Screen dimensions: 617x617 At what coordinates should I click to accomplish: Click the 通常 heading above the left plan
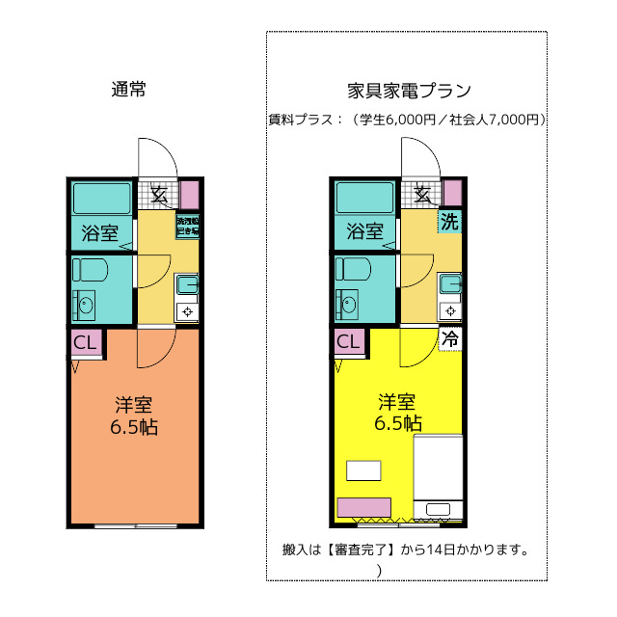[x=128, y=91]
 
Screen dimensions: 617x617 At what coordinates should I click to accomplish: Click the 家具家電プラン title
[x=408, y=92]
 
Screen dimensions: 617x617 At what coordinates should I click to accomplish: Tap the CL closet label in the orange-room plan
[x=85, y=342]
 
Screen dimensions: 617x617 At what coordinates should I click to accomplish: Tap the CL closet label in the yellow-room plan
[x=348, y=341]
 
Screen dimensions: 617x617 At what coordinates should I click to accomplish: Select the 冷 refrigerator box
[x=451, y=338]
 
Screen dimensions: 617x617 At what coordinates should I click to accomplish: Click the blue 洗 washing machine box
[x=450, y=221]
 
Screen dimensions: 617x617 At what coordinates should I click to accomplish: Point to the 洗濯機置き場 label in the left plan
[x=187, y=227]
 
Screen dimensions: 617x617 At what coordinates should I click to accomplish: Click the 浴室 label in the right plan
[x=363, y=231]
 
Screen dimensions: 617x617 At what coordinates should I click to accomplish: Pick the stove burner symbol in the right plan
[x=450, y=310]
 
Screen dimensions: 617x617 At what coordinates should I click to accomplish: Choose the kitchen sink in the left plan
[x=187, y=283]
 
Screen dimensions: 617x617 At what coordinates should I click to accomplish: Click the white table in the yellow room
[x=364, y=470]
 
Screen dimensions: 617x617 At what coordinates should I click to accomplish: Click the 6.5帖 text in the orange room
[x=133, y=426]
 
